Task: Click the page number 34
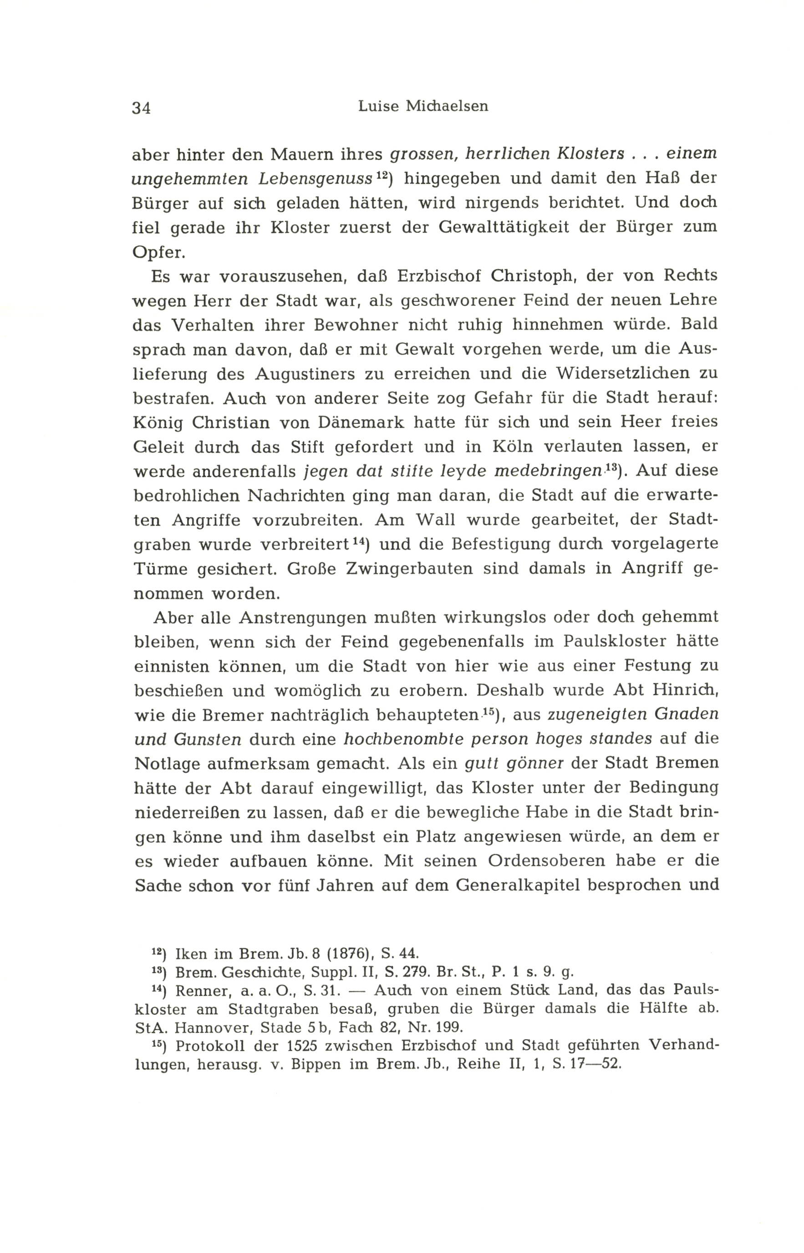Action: (142, 108)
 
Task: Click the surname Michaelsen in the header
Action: (447, 106)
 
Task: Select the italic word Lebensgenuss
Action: (315, 179)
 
